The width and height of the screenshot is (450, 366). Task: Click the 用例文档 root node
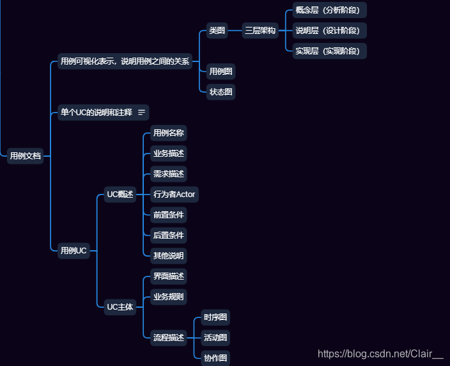click(x=26, y=155)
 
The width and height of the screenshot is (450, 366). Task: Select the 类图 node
click(x=217, y=30)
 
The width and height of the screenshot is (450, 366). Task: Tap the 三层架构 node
click(x=260, y=30)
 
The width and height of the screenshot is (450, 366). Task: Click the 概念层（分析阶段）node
click(x=329, y=10)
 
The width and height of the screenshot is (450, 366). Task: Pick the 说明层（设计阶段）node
click(x=329, y=30)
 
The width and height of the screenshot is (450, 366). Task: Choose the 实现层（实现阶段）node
click(x=329, y=51)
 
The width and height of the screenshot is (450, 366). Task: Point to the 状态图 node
click(x=221, y=91)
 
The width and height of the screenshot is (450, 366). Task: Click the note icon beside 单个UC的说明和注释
click(x=142, y=112)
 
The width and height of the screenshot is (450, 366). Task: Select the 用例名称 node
click(x=169, y=133)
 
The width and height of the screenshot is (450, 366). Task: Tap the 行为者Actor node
click(x=175, y=194)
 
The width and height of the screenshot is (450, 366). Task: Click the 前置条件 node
click(x=169, y=214)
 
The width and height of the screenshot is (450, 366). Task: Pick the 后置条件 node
click(x=169, y=235)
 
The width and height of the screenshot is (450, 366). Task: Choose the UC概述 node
click(x=120, y=195)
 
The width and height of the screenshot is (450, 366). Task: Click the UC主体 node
click(x=120, y=306)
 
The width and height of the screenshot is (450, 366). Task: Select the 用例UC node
click(x=73, y=250)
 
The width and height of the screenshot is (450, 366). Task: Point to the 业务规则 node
click(x=169, y=296)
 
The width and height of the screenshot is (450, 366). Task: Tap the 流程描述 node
click(x=169, y=337)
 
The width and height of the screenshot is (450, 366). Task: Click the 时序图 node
click(x=215, y=317)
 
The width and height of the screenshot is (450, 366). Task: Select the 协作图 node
click(x=215, y=358)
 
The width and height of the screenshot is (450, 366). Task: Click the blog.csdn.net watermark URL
click(x=380, y=353)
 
